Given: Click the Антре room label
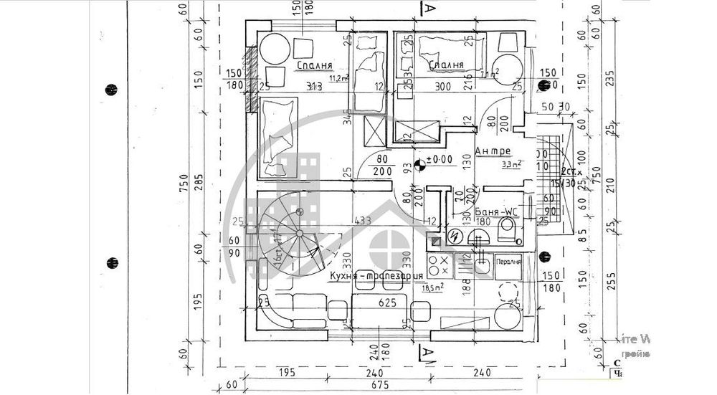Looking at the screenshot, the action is click(x=493, y=151).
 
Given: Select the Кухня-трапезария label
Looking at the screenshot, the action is click(x=376, y=275).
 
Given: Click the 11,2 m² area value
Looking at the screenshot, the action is click(x=338, y=78).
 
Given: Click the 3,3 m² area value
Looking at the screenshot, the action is click(x=511, y=163).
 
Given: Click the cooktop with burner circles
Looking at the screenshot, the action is click(x=438, y=265).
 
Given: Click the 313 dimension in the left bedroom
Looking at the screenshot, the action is click(x=314, y=87).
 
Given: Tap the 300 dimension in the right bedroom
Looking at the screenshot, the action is click(x=442, y=86).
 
